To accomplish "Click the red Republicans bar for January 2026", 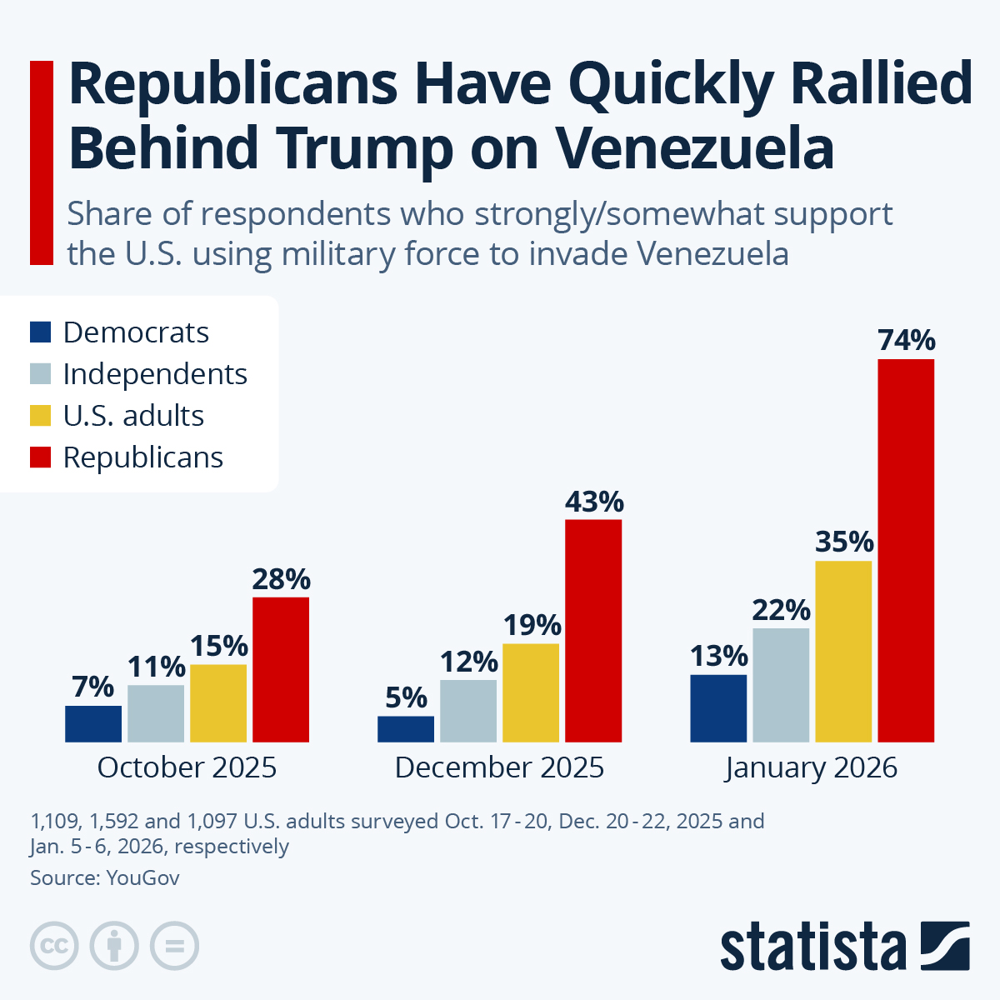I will pyautogui.click(x=906, y=550).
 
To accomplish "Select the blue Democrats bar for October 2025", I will pyautogui.click(x=93, y=723).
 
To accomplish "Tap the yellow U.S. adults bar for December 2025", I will pyautogui.click(x=531, y=692).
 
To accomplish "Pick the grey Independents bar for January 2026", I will pyautogui.click(x=781, y=685).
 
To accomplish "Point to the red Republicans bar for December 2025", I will pyautogui.click(x=593, y=630).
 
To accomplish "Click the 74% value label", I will pyautogui.click(x=907, y=341).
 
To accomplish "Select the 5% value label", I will pyautogui.click(x=406, y=697).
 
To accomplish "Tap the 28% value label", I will pyautogui.click(x=281, y=579).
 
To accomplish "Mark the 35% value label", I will pyautogui.click(x=843, y=542).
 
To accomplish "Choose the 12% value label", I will pyautogui.click(x=468, y=662).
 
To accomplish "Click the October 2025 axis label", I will pyautogui.click(x=187, y=767).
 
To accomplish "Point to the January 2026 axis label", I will pyautogui.click(x=812, y=767).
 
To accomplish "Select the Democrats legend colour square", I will pyautogui.click(x=41, y=332).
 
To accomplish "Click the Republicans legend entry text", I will pyautogui.click(x=143, y=457).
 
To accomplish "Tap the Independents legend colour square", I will pyautogui.click(x=41, y=374).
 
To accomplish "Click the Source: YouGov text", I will pyautogui.click(x=105, y=877).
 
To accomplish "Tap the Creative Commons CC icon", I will pyautogui.click(x=54, y=946).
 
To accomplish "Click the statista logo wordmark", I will pyautogui.click(x=812, y=947).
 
